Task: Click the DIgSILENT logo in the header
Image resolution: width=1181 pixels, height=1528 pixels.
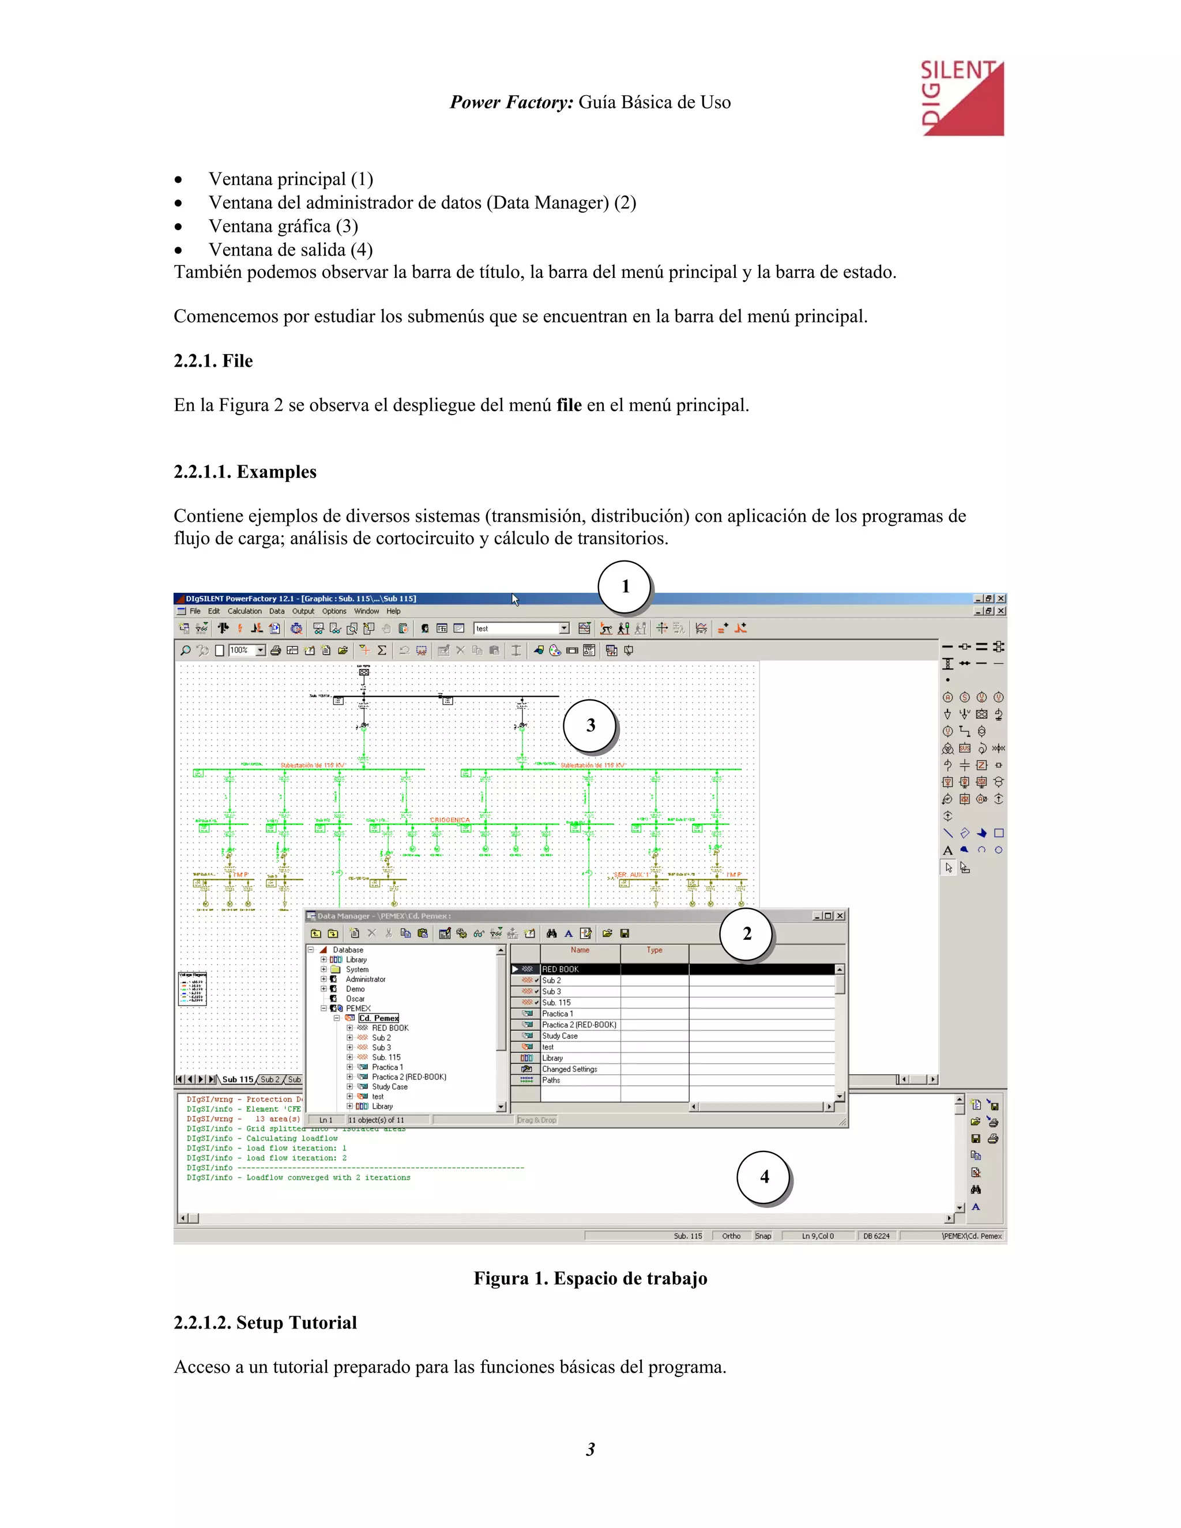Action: pos(962,98)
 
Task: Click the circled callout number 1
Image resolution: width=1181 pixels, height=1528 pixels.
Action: pos(625,587)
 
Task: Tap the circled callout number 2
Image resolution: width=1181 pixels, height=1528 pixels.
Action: pos(747,934)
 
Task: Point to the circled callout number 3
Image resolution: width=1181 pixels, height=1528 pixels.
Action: pos(590,725)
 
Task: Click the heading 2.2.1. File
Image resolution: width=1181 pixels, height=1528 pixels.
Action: pos(213,361)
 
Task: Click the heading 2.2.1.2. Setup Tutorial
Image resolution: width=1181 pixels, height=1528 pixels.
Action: pos(265,1322)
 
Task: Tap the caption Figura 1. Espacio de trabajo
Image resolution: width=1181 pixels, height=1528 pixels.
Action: pos(590,1278)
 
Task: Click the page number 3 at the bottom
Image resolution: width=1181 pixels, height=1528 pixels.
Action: pos(590,1449)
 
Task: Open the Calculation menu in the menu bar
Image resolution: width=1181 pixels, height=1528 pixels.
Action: pos(244,611)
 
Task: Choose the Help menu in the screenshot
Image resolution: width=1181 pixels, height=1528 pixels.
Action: pos(394,611)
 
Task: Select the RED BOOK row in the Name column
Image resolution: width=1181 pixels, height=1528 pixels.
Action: pos(561,970)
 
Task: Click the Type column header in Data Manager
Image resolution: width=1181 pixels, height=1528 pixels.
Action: pos(654,950)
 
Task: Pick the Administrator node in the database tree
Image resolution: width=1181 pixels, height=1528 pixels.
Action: pos(365,980)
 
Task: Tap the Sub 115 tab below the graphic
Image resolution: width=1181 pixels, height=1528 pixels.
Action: pos(237,1079)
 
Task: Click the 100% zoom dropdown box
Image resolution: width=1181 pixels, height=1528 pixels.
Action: pos(246,650)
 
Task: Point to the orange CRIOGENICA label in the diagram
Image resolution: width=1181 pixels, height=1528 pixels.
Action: pos(450,820)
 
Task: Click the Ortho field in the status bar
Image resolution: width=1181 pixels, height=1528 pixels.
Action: pos(731,1236)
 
